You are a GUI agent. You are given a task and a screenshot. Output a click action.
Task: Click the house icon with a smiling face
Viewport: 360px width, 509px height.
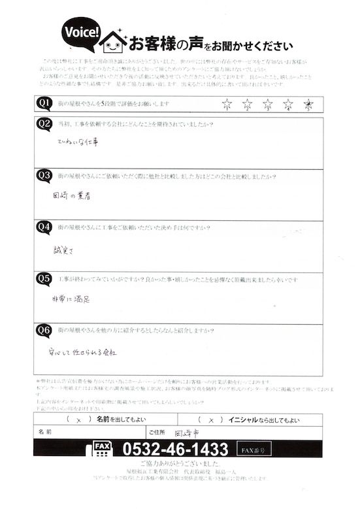[x=114, y=42]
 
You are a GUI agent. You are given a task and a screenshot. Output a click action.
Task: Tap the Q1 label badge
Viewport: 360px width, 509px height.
[x=44, y=103]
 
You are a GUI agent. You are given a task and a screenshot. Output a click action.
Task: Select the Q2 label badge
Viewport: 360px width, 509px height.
[x=44, y=123]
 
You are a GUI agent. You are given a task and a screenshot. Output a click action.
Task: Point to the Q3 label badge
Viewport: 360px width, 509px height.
[x=44, y=175]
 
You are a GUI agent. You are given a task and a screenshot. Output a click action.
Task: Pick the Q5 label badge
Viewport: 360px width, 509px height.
[x=44, y=278]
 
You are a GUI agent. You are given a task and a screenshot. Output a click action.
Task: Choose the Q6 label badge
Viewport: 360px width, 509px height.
[x=44, y=330]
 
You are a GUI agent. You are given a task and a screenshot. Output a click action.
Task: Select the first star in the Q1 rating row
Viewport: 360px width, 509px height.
[x=227, y=103]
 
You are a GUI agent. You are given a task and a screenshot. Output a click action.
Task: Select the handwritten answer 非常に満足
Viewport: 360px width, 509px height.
[x=73, y=298]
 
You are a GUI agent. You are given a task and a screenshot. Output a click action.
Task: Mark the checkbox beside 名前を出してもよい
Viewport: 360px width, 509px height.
[x=77, y=420]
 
